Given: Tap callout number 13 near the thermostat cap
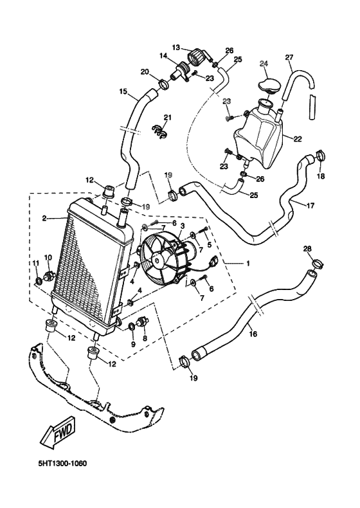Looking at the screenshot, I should coord(175,47).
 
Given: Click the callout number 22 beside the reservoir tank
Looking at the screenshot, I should coord(298,138).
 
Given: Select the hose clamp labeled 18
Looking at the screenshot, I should coord(319,155).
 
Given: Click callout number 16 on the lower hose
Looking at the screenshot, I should coord(253,334).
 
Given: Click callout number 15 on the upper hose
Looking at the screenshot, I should coord(123,92).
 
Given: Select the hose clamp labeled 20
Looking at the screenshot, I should coord(163,84).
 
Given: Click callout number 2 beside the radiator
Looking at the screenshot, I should coord(44,219).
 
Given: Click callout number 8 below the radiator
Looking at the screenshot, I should coord(144,338).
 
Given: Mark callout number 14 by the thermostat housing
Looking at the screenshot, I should coord(163,57).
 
